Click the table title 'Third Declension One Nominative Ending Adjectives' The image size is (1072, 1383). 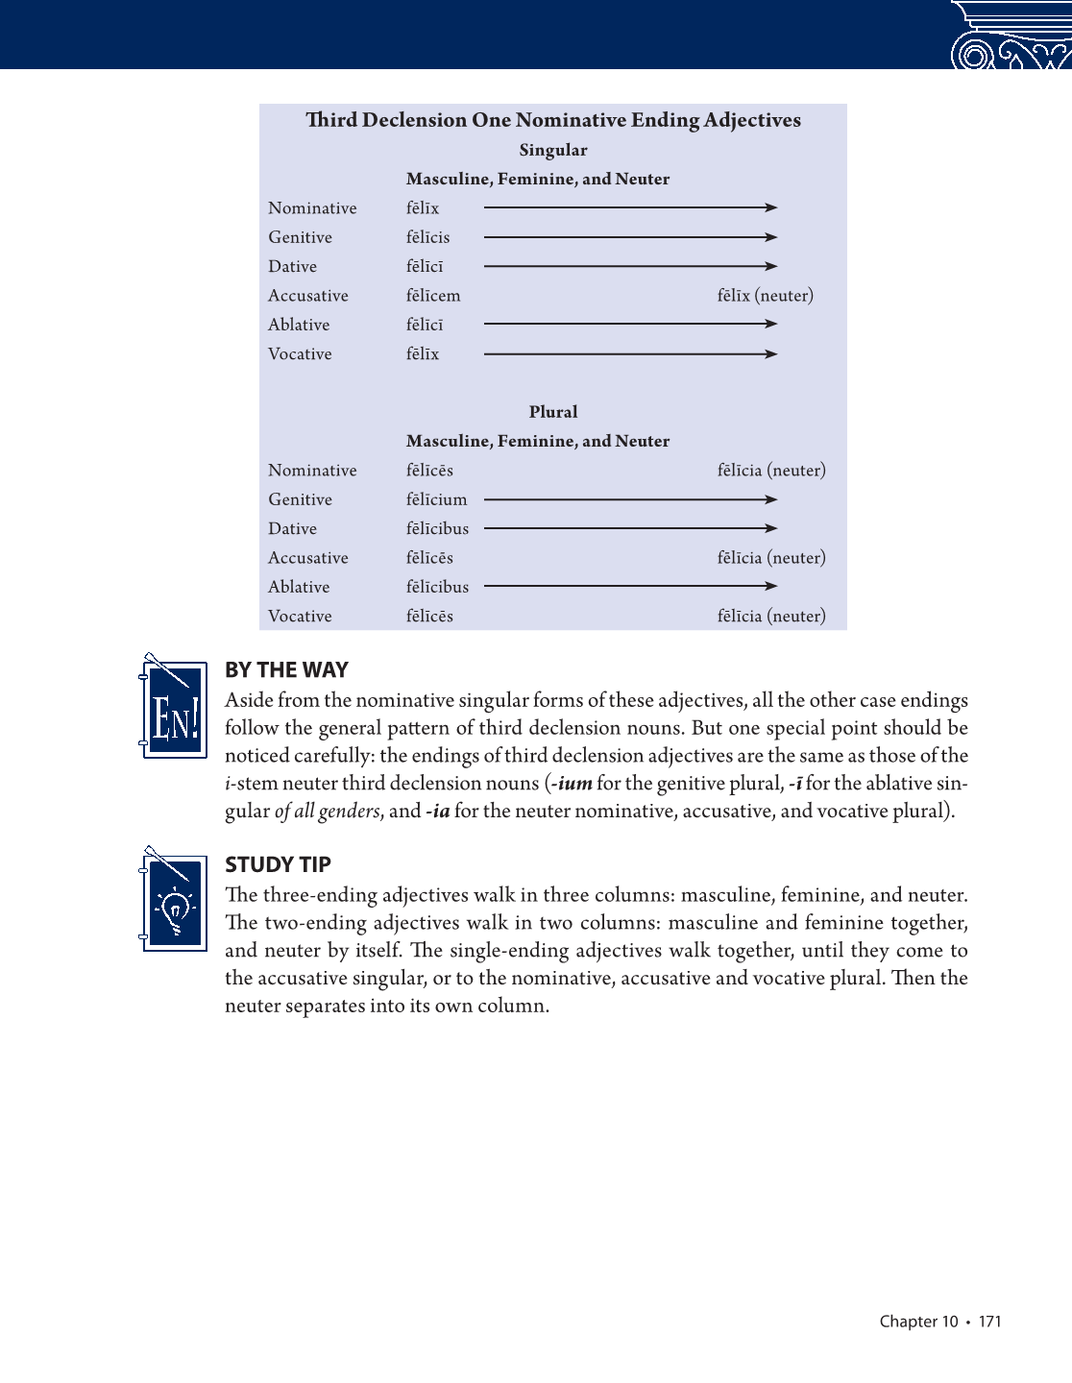point(553,120)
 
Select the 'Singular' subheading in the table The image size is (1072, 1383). point(553,150)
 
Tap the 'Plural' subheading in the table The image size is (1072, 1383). point(553,412)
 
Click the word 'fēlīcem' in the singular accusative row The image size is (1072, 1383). point(433,296)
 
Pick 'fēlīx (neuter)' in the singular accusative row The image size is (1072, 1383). point(765,296)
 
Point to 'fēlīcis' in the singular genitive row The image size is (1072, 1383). point(427,237)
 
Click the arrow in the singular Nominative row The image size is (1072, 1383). point(630,207)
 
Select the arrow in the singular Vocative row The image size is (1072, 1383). point(630,354)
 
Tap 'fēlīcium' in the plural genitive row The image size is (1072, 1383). point(436,499)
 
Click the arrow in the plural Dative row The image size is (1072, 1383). point(630,528)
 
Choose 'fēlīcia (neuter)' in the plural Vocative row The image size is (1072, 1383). point(771,617)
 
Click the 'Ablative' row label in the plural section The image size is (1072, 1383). point(299,587)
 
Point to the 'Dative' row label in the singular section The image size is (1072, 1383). point(292,267)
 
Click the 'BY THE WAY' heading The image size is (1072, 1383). point(286,670)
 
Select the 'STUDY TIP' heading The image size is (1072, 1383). point(278,864)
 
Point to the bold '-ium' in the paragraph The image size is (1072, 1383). point(573,784)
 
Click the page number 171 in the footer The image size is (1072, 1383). point(989,1322)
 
